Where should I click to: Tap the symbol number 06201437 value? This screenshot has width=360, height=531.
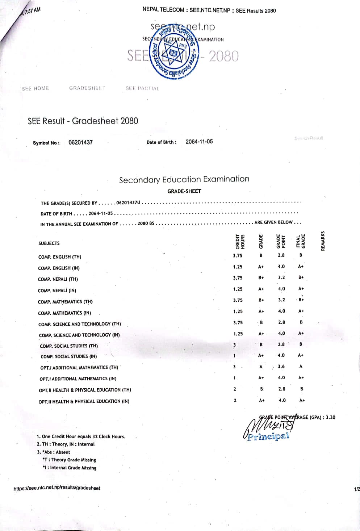(x=80, y=142)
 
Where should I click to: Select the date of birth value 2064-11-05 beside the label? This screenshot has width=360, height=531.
(x=199, y=142)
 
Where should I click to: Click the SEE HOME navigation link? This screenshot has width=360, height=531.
(x=35, y=88)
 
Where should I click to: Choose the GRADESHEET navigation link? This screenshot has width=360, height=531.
(x=87, y=88)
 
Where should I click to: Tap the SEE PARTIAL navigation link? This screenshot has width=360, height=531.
(x=142, y=88)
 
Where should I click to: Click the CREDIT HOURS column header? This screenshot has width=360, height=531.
(x=240, y=242)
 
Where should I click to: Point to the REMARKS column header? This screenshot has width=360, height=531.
(x=323, y=241)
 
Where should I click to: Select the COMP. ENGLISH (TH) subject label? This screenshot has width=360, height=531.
(x=60, y=257)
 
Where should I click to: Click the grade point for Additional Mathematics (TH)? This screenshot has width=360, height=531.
(x=281, y=367)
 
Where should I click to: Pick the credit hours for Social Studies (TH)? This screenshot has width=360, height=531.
(x=235, y=345)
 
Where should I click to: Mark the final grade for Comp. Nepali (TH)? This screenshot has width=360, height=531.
(x=301, y=277)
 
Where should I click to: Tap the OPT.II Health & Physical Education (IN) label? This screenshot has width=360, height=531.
(x=84, y=401)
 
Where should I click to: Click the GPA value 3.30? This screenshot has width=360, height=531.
(x=330, y=417)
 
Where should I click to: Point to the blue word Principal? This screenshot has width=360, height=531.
(x=268, y=436)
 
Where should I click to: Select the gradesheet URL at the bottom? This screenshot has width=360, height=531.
(x=57, y=488)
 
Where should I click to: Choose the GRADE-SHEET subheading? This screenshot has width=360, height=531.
(x=184, y=191)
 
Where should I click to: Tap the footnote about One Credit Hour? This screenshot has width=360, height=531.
(x=81, y=436)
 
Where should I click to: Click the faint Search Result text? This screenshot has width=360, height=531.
(x=309, y=138)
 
